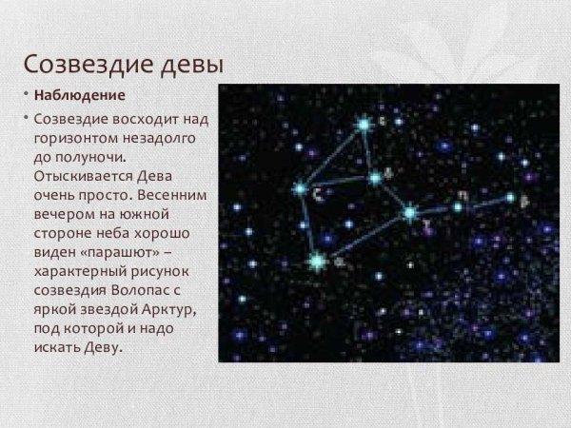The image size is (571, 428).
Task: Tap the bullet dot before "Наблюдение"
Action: click(26, 94)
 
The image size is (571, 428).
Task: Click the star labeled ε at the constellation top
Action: click(363, 123)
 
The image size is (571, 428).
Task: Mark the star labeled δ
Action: click(375, 176)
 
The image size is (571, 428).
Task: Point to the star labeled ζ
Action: click(300, 189)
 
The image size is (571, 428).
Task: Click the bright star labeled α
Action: click(317, 258)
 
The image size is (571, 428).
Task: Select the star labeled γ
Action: click(410, 213)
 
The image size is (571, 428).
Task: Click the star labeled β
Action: click(511, 198)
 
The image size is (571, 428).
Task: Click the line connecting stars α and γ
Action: click(364, 236)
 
